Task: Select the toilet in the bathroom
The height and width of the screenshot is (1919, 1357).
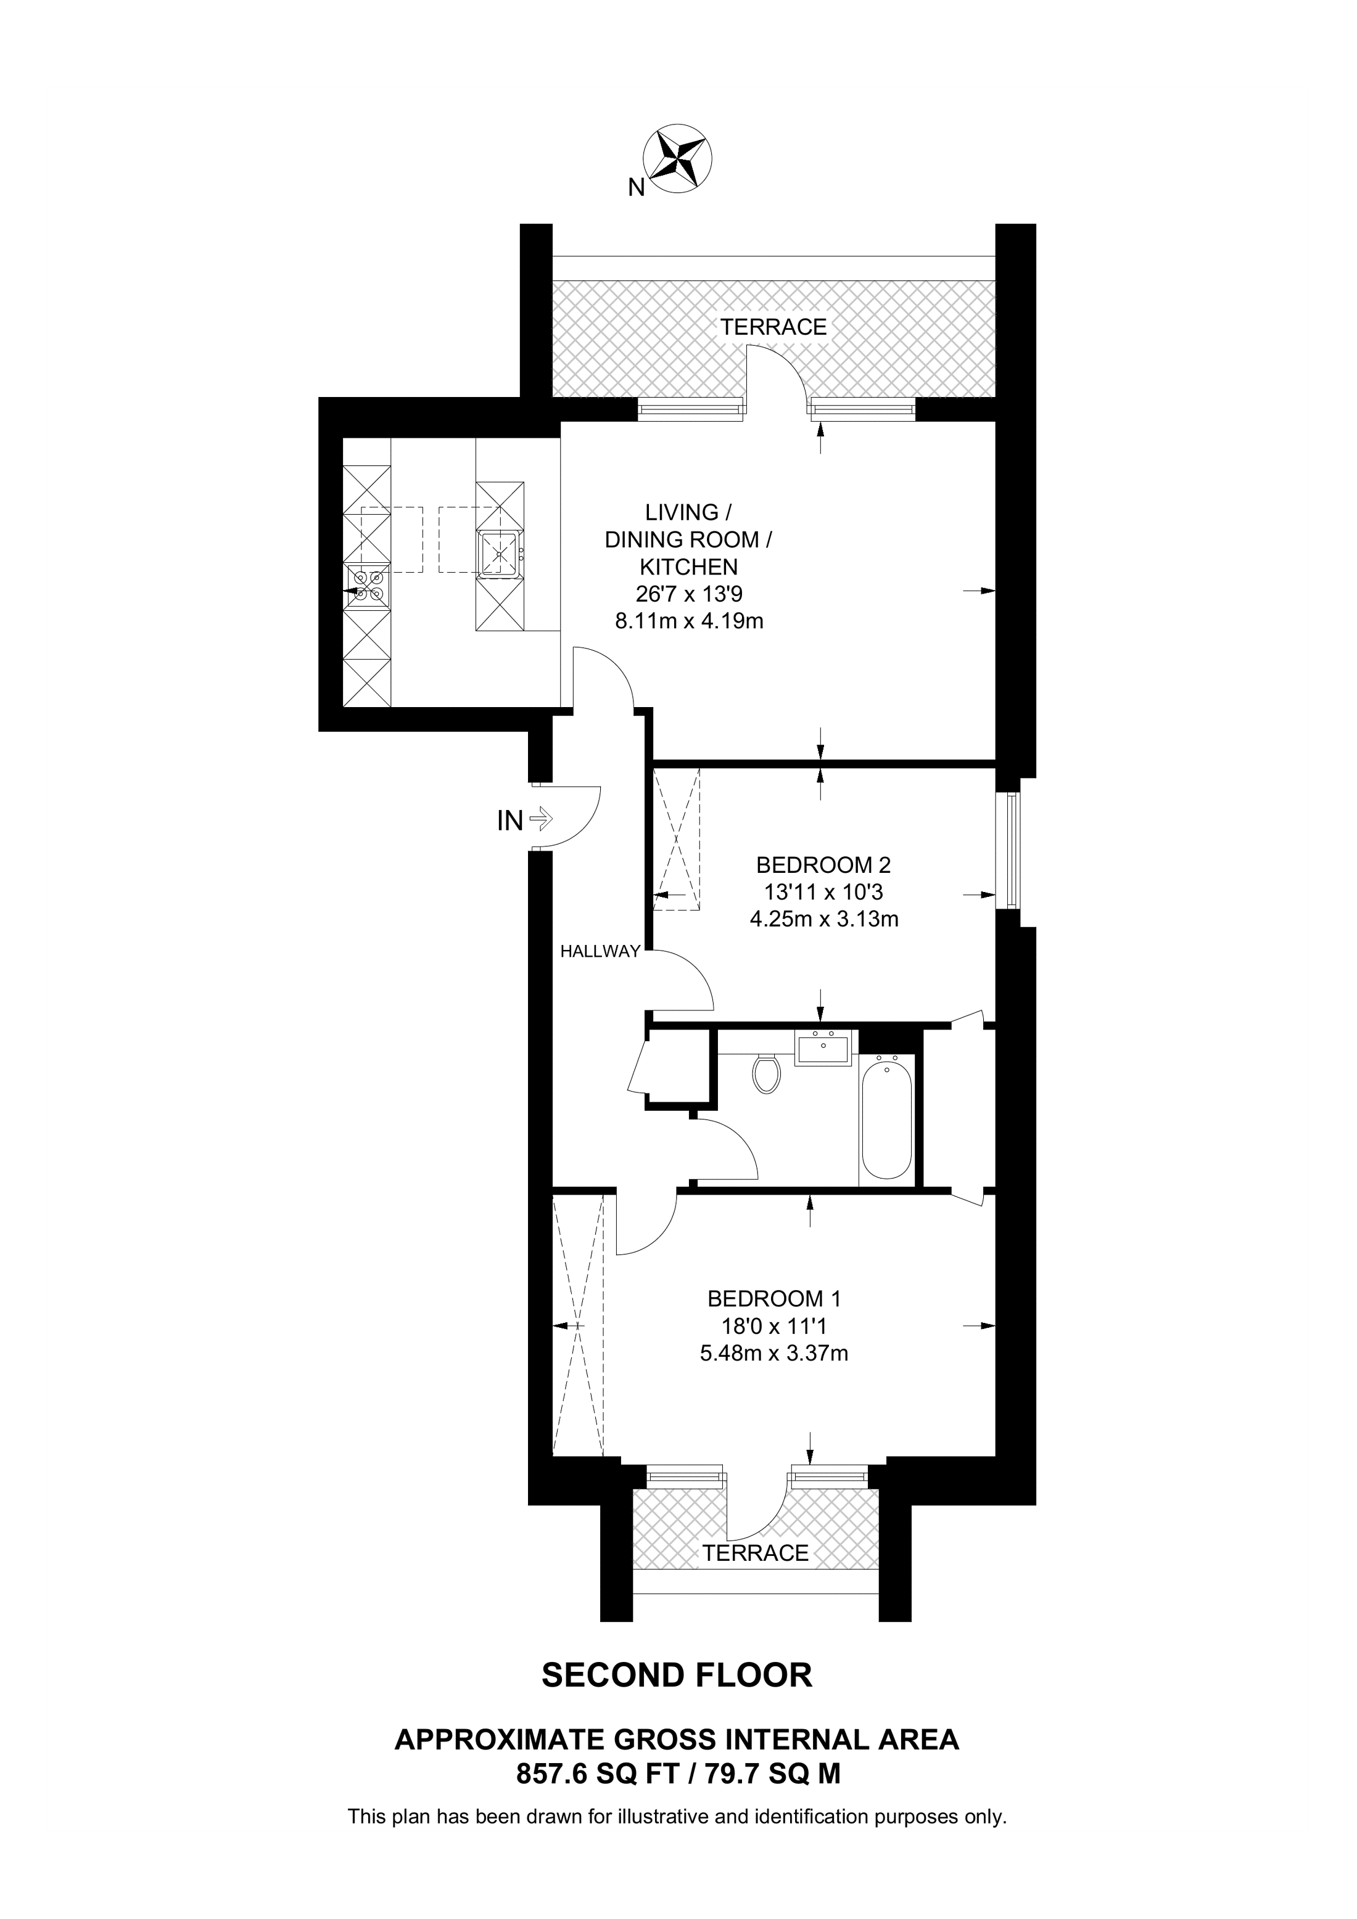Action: pos(766,1074)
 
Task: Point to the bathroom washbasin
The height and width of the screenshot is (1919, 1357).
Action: pos(823,1047)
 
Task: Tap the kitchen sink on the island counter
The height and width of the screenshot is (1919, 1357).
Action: pos(500,552)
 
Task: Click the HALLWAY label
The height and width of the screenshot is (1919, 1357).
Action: pos(600,951)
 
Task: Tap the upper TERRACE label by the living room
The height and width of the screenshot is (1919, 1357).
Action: pos(774,327)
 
